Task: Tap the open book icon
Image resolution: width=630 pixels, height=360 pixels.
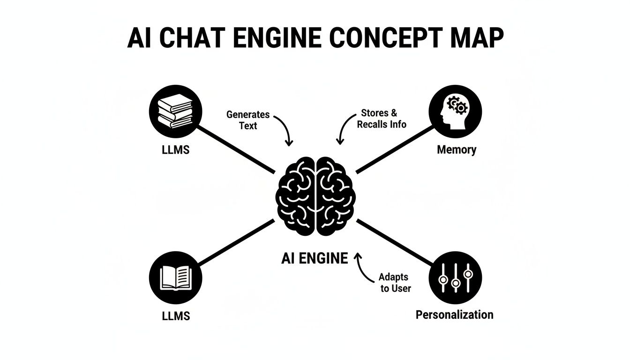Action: point(175,278)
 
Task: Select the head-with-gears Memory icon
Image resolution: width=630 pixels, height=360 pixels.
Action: point(455,111)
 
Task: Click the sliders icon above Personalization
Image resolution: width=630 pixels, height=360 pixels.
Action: point(455,277)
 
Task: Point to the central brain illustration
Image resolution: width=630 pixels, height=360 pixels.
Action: point(315,195)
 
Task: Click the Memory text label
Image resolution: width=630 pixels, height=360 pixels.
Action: point(456,150)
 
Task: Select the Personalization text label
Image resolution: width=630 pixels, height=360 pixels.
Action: point(454,315)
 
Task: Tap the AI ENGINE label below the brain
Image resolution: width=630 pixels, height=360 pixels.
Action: point(315,258)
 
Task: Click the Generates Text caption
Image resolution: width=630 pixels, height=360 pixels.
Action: point(248,120)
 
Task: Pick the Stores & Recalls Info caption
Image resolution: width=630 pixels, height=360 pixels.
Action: point(382,119)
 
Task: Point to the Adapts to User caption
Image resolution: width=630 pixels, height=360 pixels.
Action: point(395,283)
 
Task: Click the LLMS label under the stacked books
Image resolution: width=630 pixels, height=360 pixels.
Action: point(175,151)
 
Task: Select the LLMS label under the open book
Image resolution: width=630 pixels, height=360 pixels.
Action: point(176,316)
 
